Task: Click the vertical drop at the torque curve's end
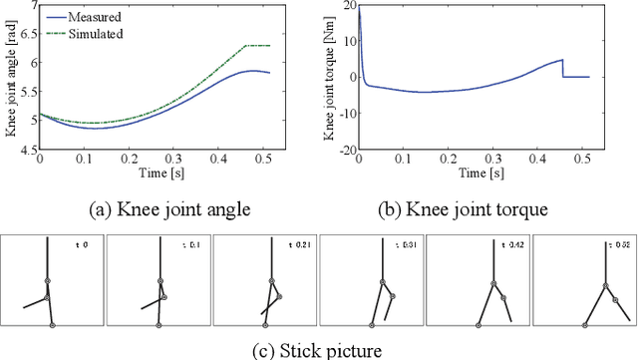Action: pyautogui.click(x=563, y=68)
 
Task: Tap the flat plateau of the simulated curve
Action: pyautogui.click(x=257, y=46)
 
